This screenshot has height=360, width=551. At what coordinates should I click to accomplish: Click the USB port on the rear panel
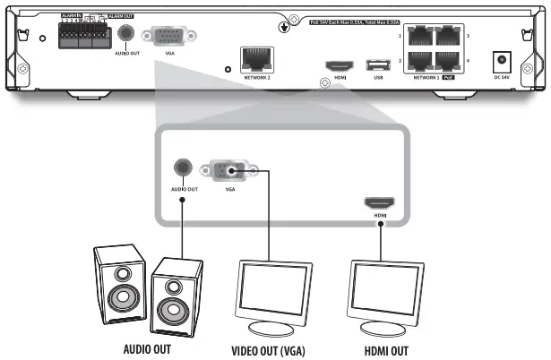[x=377, y=65]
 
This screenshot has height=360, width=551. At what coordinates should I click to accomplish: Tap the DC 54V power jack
[x=504, y=63]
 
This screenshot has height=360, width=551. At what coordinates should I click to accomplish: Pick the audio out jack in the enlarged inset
[x=183, y=168]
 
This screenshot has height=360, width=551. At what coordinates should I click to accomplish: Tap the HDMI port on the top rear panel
[x=339, y=66]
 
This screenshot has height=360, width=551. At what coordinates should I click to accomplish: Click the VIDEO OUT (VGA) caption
[x=269, y=349]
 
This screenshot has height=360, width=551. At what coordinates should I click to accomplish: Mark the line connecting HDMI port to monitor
[x=380, y=235]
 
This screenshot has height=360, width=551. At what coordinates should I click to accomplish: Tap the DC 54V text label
[x=504, y=78]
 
